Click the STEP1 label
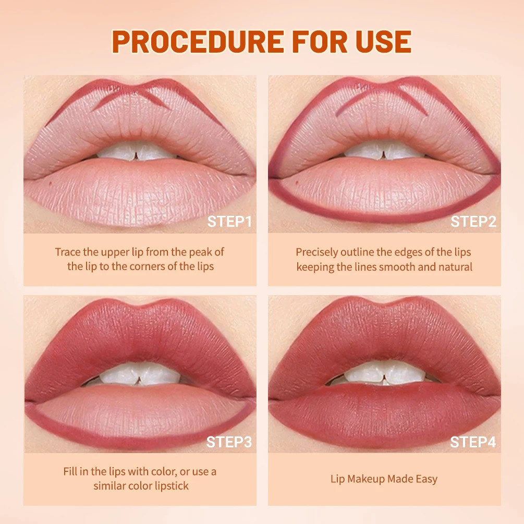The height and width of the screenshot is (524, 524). pyautogui.click(x=229, y=222)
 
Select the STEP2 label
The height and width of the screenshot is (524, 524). pyautogui.click(x=473, y=222)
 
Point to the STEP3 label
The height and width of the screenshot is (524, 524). pyautogui.click(x=229, y=442)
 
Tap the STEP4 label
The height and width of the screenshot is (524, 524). pyautogui.click(x=473, y=442)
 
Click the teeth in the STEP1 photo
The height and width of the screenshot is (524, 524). pyautogui.click(x=137, y=152)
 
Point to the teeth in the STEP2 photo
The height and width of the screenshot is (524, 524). pyautogui.click(x=384, y=151)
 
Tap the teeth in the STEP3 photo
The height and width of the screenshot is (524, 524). pyautogui.click(x=137, y=373)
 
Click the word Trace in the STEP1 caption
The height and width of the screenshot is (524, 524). pyautogui.click(x=68, y=252)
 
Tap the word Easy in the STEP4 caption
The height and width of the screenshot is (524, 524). pyautogui.click(x=426, y=479)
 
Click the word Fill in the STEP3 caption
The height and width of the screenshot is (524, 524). pyautogui.click(x=70, y=472)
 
